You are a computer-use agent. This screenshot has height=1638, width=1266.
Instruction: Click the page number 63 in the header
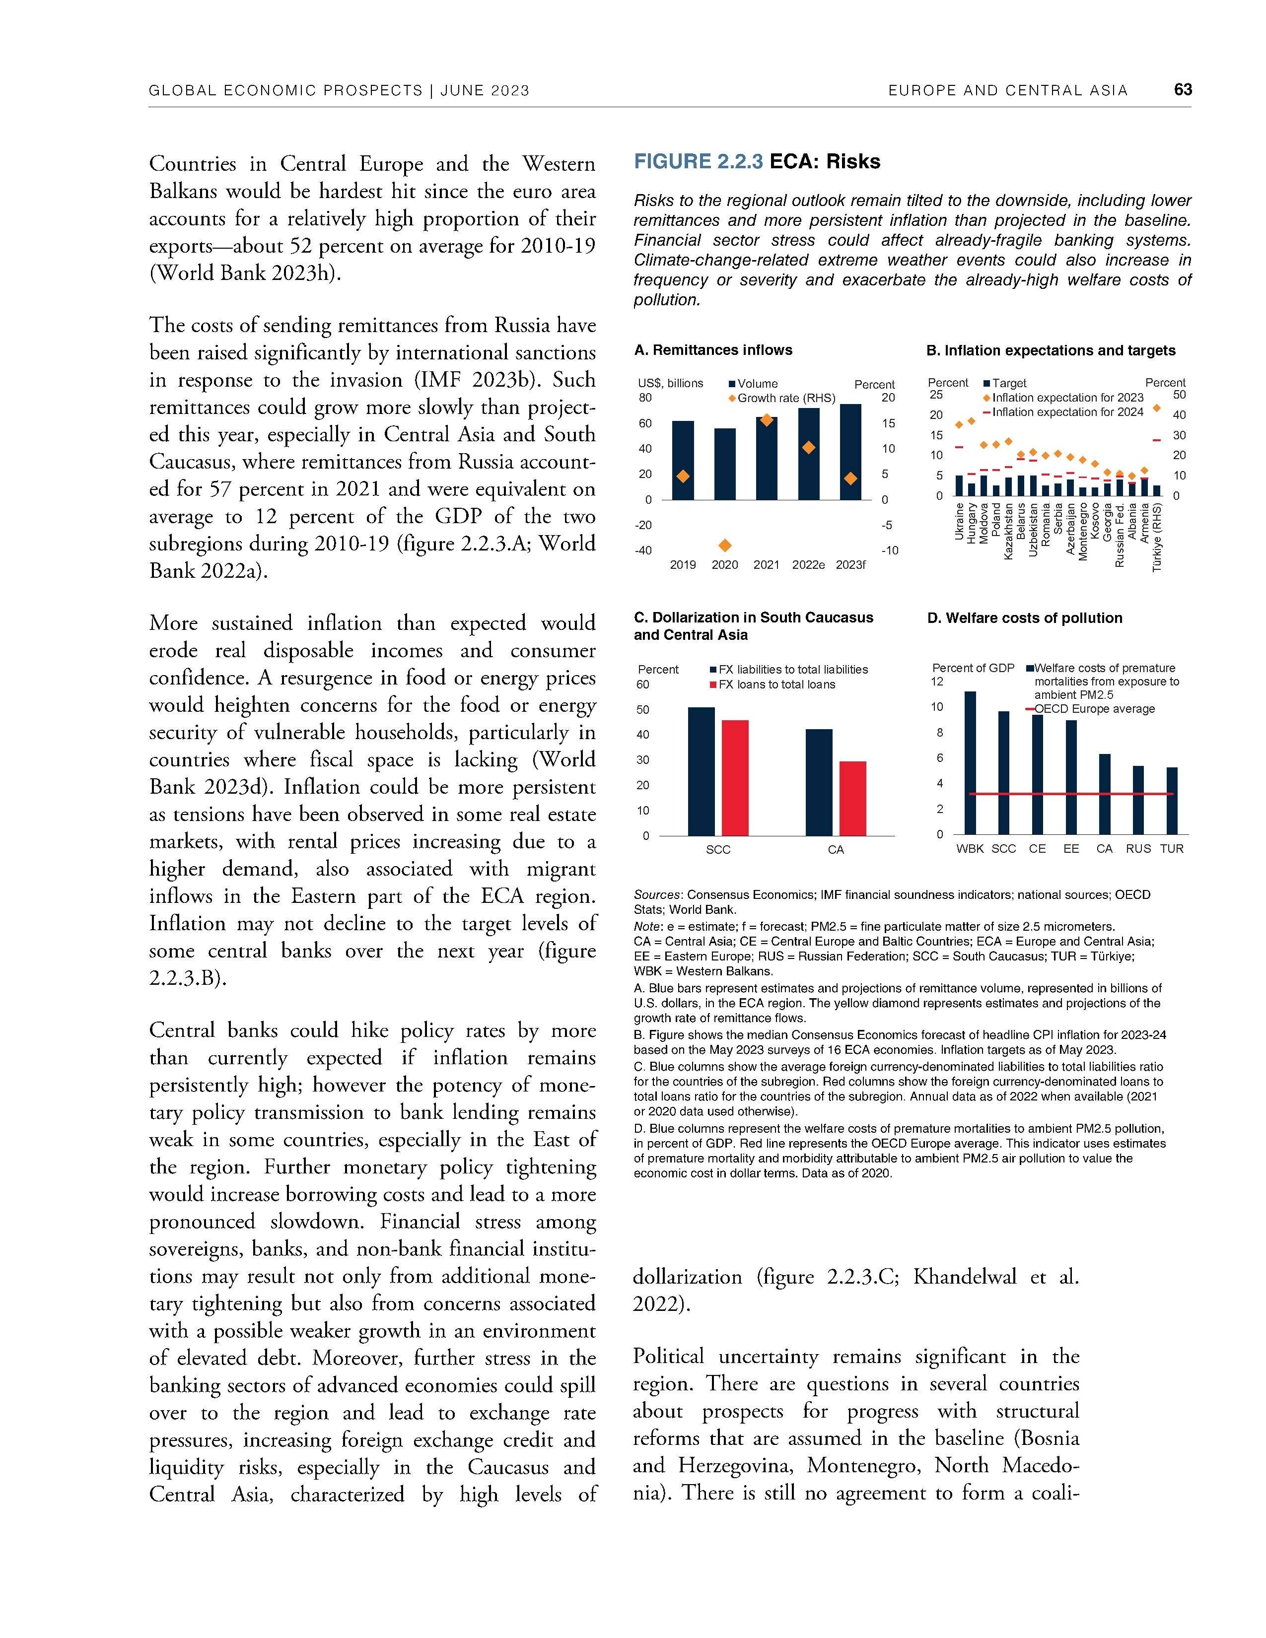pyautogui.click(x=1182, y=90)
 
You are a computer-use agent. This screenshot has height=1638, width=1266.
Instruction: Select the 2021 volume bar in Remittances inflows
pyautogui.click(x=767, y=459)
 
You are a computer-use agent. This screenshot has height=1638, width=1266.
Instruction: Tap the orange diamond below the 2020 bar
pyautogui.click(x=724, y=545)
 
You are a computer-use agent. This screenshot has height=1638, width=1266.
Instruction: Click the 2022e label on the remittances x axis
pyautogui.click(x=808, y=565)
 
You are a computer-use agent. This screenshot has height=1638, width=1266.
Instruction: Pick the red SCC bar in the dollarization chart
pyautogui.click(x=735, y=778)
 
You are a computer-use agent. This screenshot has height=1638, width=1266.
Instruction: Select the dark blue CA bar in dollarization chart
pyautogui.click(x=819, y=782)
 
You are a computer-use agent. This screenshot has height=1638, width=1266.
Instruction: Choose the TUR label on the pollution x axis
pyautogui.click(x=1172, y=849)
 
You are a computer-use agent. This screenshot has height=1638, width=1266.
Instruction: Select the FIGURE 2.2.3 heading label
pyautogui.click(x=698, y=162)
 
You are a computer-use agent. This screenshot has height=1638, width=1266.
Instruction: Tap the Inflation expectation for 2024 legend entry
pyautogui.click(x=1067, y=412)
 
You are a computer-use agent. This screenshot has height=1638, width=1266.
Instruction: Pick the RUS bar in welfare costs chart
pyautogui.click(x=1138, y=800)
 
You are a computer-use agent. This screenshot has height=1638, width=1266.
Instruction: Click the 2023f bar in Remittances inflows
pyautogui.click(x=850, y=452)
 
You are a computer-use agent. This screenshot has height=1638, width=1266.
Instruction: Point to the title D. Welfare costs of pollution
pyautogui.click(x=1025, y=618)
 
